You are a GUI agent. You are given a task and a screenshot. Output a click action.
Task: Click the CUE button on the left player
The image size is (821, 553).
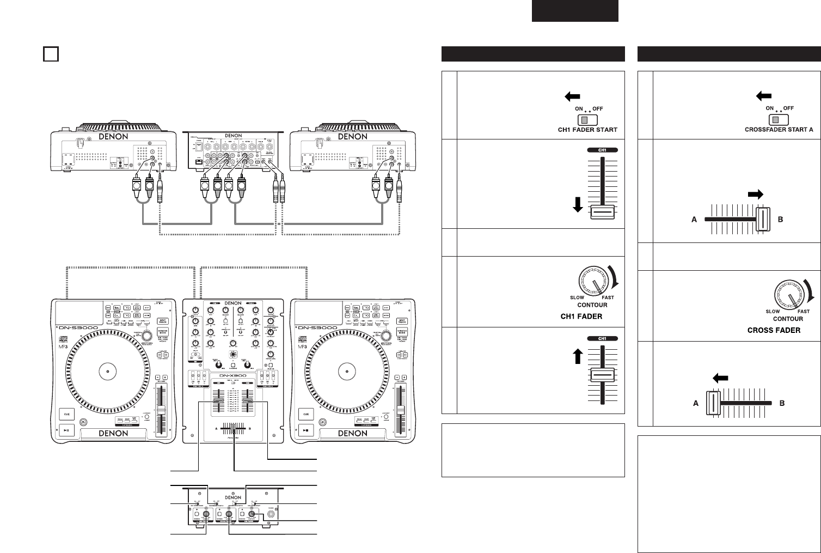point(68,414)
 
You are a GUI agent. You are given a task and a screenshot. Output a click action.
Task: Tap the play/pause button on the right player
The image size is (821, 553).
point(307,430)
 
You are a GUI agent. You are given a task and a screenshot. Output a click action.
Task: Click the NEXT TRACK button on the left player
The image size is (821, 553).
point(161,321)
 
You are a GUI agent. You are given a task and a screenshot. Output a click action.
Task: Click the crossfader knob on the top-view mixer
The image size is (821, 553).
point(234,428)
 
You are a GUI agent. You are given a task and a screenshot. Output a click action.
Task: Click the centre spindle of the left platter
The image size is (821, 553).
point(108,372)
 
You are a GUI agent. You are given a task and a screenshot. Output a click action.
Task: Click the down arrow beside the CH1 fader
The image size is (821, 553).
point(578,205)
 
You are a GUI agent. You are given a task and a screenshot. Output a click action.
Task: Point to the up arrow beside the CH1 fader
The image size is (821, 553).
point(578,356)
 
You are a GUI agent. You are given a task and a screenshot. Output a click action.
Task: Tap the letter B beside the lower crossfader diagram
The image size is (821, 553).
point(782,404)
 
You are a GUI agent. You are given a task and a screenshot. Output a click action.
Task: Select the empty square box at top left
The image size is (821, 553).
point(50,54)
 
